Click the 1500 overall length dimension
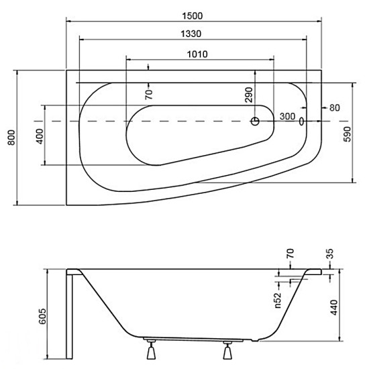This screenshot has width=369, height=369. tap(193, 16)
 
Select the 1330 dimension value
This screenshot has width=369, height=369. tap(191, 34)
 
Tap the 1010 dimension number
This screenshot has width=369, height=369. tap(197, 54)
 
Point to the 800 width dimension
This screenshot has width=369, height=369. tap(12, 138)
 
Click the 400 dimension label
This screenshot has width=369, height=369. tap(40, 136)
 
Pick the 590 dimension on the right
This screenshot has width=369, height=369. tap(347, 134)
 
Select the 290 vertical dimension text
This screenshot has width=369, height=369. tap(249, 95)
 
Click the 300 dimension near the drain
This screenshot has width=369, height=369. tap(287, 116)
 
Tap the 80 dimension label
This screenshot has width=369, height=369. tap(335, 108)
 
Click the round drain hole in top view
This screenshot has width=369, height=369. tap(255, 121)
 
